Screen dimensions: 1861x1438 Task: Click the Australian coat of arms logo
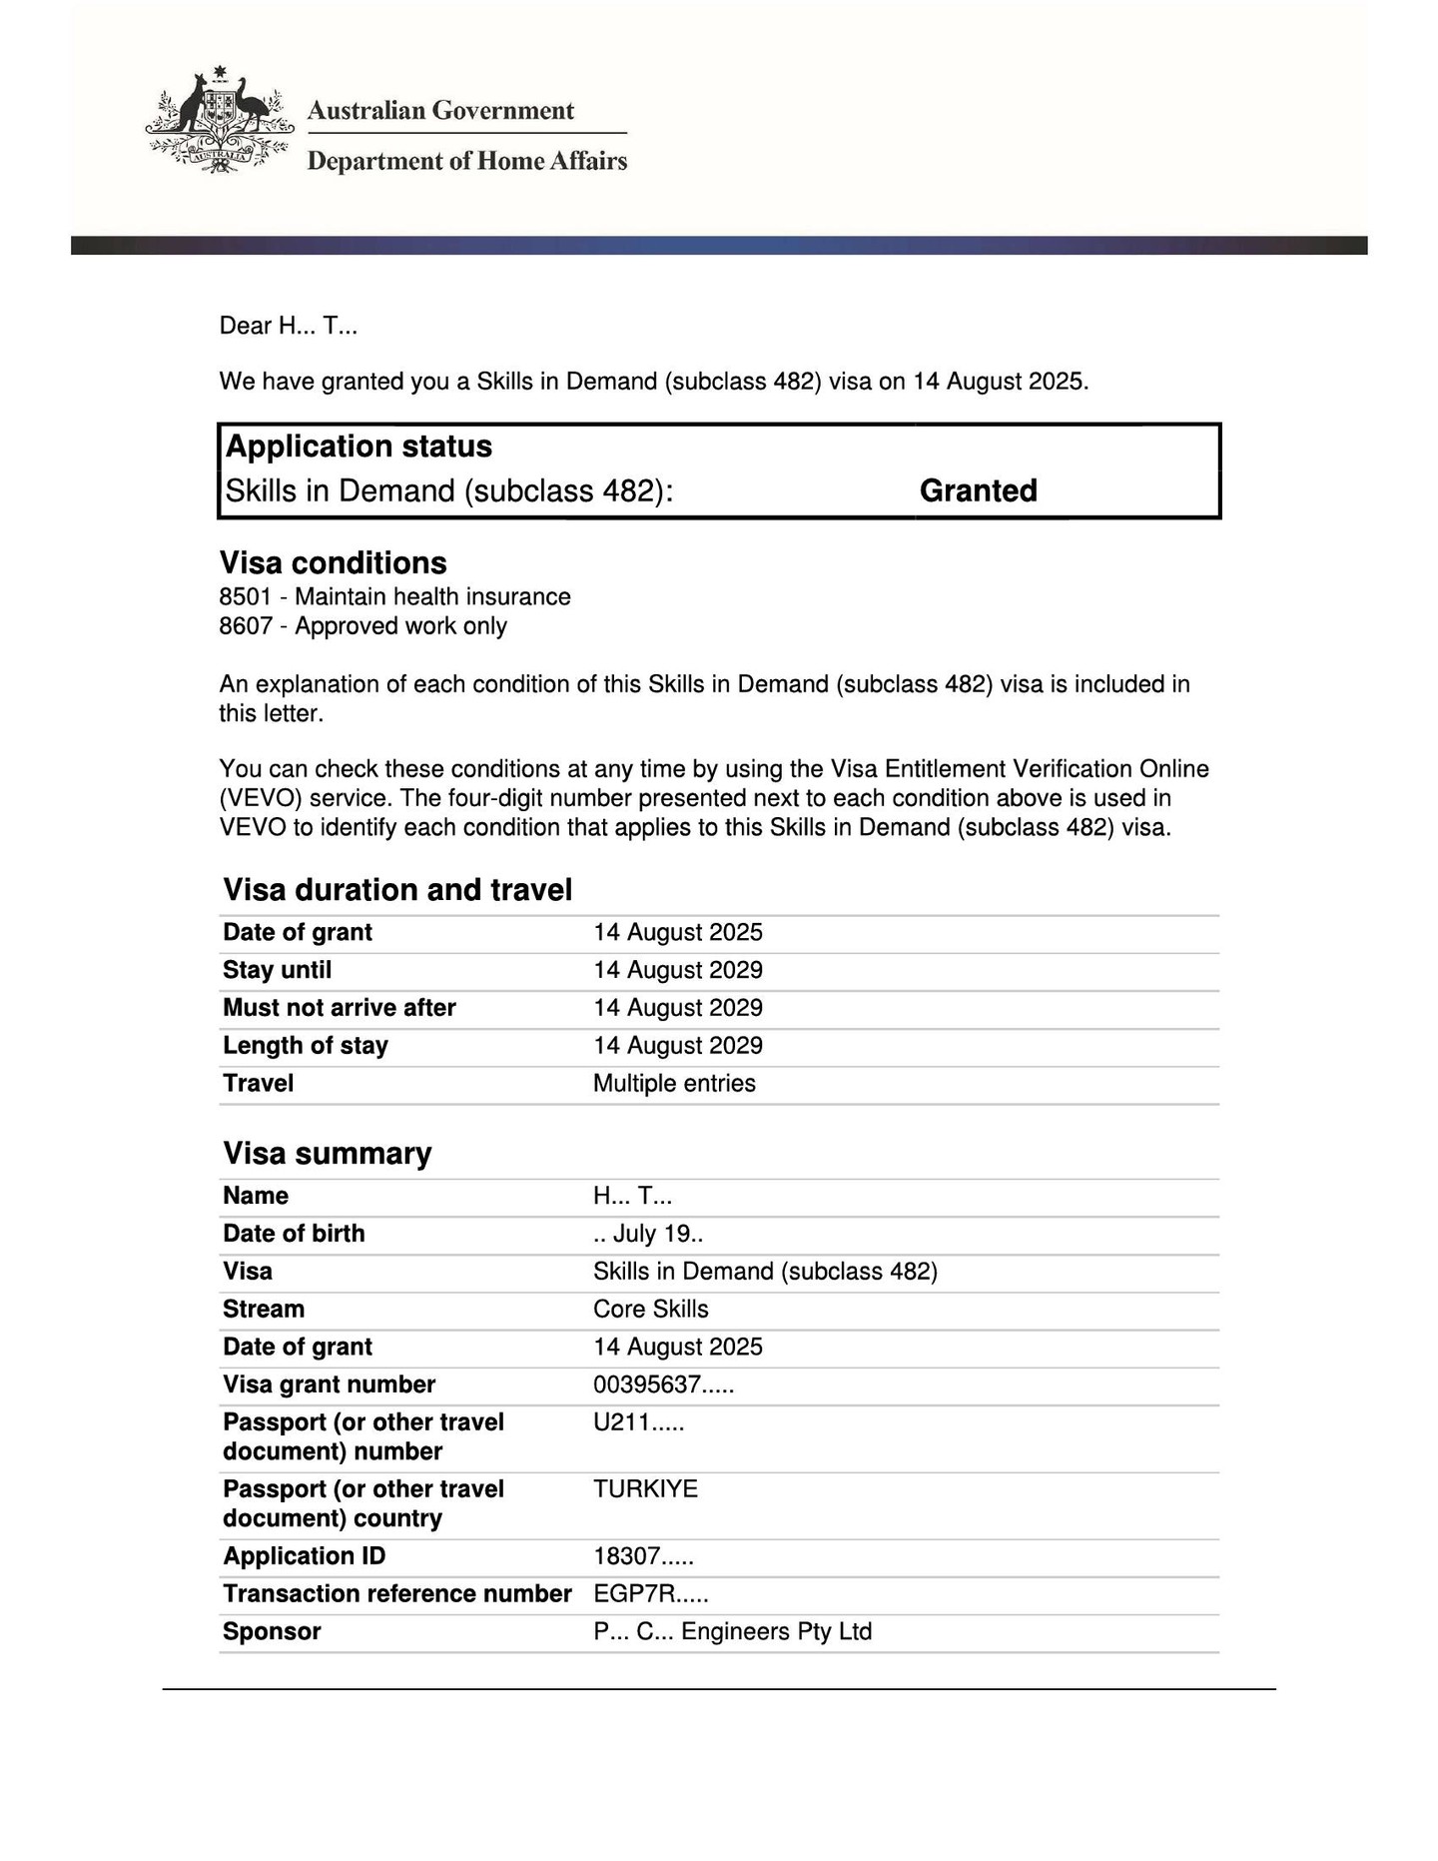(x=220, y=122)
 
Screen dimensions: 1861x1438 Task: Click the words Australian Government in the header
(x=440, y=110)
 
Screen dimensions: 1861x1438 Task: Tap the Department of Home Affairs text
(x=466, y=161)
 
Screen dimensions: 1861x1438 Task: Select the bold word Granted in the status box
(x=978, y=490)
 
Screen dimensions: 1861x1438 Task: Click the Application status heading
(x=359, y=446)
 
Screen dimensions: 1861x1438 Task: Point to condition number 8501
(x=245, y=596)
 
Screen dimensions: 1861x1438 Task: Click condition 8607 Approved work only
(x=362, y=626)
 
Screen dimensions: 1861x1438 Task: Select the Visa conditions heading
(x=333, y=562)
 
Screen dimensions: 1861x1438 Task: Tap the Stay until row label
(x=277, y=970)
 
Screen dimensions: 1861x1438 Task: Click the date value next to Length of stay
(x=677, y=1045)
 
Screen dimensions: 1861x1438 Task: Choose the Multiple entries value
(x=674, y=1083)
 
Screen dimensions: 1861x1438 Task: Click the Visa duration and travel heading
(x=397, y=889)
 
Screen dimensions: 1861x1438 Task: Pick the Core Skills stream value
(x=650, y=1309)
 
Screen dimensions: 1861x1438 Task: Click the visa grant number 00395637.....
(x=663, y=1385)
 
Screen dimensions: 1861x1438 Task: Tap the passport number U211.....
(x=638, y=1422)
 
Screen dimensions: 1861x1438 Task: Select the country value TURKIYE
(x=645, y=1488)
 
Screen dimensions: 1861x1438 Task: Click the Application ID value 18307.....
(x=643, y=1556)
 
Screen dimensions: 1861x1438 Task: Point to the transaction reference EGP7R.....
(x=650, y=1593)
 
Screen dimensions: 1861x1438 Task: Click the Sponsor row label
(x=272, y=1631)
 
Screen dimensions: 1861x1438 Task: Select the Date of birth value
(x=647, y=1234)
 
